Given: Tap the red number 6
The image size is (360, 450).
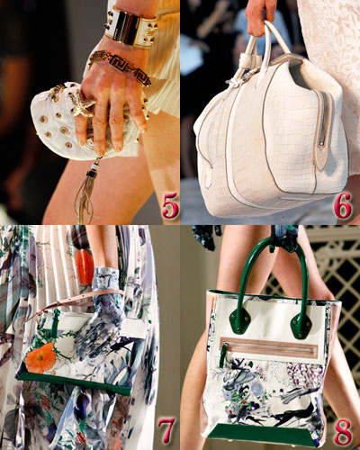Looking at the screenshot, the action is point(343,205).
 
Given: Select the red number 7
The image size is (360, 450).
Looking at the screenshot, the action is point(166,431).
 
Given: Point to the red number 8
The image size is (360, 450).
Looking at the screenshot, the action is point(343,431).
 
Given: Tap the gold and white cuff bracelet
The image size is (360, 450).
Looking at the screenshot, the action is point(130,27).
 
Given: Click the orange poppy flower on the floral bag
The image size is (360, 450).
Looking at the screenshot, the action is point(40,358).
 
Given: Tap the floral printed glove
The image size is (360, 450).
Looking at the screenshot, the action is point(101,312).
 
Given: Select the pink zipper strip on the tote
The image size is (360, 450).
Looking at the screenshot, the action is point(269,346).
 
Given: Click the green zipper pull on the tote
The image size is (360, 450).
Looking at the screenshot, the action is point(223,357).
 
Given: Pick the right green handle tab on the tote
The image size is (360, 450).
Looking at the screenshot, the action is point(301,323).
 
